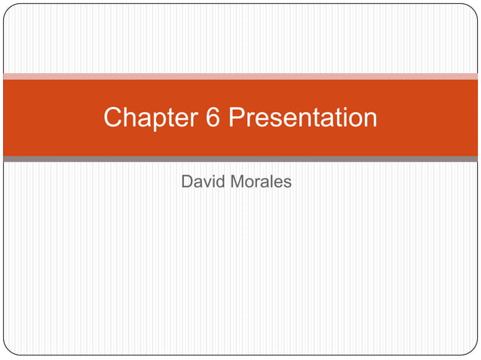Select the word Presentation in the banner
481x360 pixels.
pos(302,117)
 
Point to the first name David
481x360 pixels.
pos(204,182)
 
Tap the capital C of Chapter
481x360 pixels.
pos(113,117)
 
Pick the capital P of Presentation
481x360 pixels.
pos(237,117)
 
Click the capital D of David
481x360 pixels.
pos(188,182)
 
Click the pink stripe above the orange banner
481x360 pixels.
pos(240,76)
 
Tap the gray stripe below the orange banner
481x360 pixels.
pos(240,159)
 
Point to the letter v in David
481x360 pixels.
pos(205,182)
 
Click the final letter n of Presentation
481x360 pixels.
pos(370,119)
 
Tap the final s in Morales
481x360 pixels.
pos(287,182)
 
